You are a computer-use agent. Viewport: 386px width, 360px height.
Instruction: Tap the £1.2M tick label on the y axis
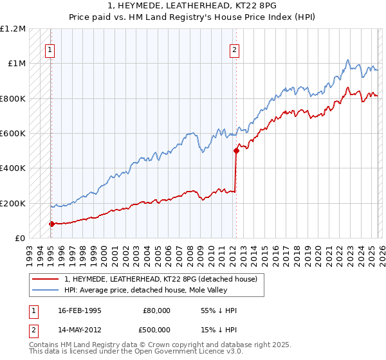[13, 29]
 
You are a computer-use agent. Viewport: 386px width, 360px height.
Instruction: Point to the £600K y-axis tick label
[13, 134]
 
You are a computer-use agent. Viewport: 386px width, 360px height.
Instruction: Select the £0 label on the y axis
[20, 238]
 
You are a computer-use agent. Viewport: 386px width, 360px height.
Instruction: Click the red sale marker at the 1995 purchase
[51, 224]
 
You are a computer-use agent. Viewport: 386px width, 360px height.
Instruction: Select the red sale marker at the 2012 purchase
[235, 151]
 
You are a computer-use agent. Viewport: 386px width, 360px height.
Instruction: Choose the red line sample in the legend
[45, 279]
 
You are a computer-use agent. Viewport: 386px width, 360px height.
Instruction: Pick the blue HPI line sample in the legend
[45, 290]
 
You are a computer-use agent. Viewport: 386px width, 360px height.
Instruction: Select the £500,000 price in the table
[157, 330]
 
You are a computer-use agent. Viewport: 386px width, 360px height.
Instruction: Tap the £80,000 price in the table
[157, 310]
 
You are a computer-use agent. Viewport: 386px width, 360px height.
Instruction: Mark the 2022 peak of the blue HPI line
[347, 60]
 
